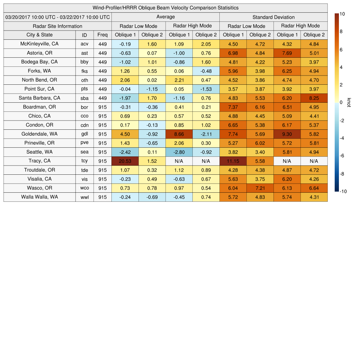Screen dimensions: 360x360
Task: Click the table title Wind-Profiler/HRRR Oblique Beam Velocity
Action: coord(166,8)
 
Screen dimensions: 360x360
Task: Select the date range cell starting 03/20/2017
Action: coord(58,17)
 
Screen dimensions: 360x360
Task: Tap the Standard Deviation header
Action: coord(274,17)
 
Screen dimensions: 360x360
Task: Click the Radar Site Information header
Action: coord(58,26)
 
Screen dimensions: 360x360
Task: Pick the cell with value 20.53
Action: coord(125,161)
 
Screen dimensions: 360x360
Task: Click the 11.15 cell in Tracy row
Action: coord(233,161)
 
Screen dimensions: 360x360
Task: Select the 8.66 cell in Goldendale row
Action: coord(179,134)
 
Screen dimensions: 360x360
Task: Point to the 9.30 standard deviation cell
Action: coord(287,134)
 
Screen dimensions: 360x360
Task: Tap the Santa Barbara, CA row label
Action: coord(40,98)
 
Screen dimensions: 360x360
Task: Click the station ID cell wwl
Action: coord(84,197)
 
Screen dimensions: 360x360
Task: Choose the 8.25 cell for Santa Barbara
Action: coord(314,98)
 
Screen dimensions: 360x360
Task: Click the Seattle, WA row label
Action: coord(40,152)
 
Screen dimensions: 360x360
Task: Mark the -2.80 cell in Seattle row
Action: coord(179,152)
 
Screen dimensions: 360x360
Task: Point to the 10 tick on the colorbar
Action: coord(342,14)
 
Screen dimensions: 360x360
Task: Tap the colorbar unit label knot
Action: coord(349,102)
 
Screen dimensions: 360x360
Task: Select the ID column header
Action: coord(84,35)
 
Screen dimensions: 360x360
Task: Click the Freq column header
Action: coord(102,35)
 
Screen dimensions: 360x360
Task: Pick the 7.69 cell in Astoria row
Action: coord(287,53)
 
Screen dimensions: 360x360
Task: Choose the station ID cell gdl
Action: coord(84,134)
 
